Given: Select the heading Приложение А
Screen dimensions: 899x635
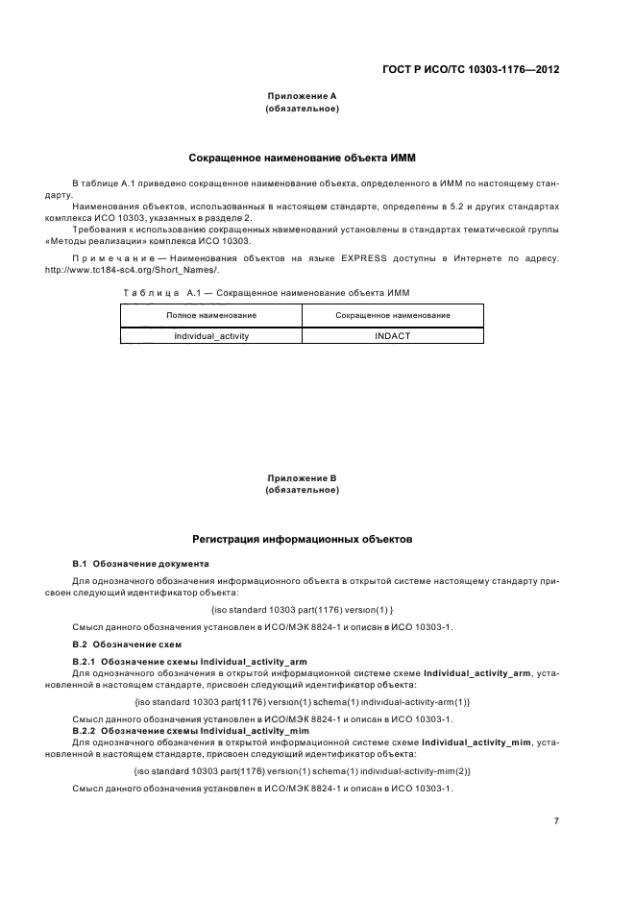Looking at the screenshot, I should click(x=301, y=97).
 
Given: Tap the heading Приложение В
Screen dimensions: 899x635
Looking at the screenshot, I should click(x=301, y=478).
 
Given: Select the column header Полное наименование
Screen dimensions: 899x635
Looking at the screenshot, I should click(x=210, y=315).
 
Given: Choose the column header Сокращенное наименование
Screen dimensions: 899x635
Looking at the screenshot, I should click(x=393, y=315).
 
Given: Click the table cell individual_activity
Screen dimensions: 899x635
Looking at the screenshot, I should click(x=210, y=335).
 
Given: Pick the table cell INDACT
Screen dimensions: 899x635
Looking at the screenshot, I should click(x=393, y=335).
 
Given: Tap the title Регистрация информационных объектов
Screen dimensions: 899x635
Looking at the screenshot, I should click(x=303, y=540).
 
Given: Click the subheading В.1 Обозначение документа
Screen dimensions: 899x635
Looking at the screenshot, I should click(x=140, y=562).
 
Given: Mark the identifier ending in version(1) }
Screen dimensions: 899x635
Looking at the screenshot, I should click(x=301, y=610).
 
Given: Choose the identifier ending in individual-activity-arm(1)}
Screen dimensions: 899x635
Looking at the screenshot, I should click(x=302, y=703).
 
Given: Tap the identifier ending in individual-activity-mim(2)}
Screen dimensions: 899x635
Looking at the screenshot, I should click(x=302, y=772).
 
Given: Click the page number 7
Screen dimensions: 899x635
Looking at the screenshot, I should click(x=556, y=820).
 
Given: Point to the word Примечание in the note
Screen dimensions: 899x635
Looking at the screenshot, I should click(x=108, y=258).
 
